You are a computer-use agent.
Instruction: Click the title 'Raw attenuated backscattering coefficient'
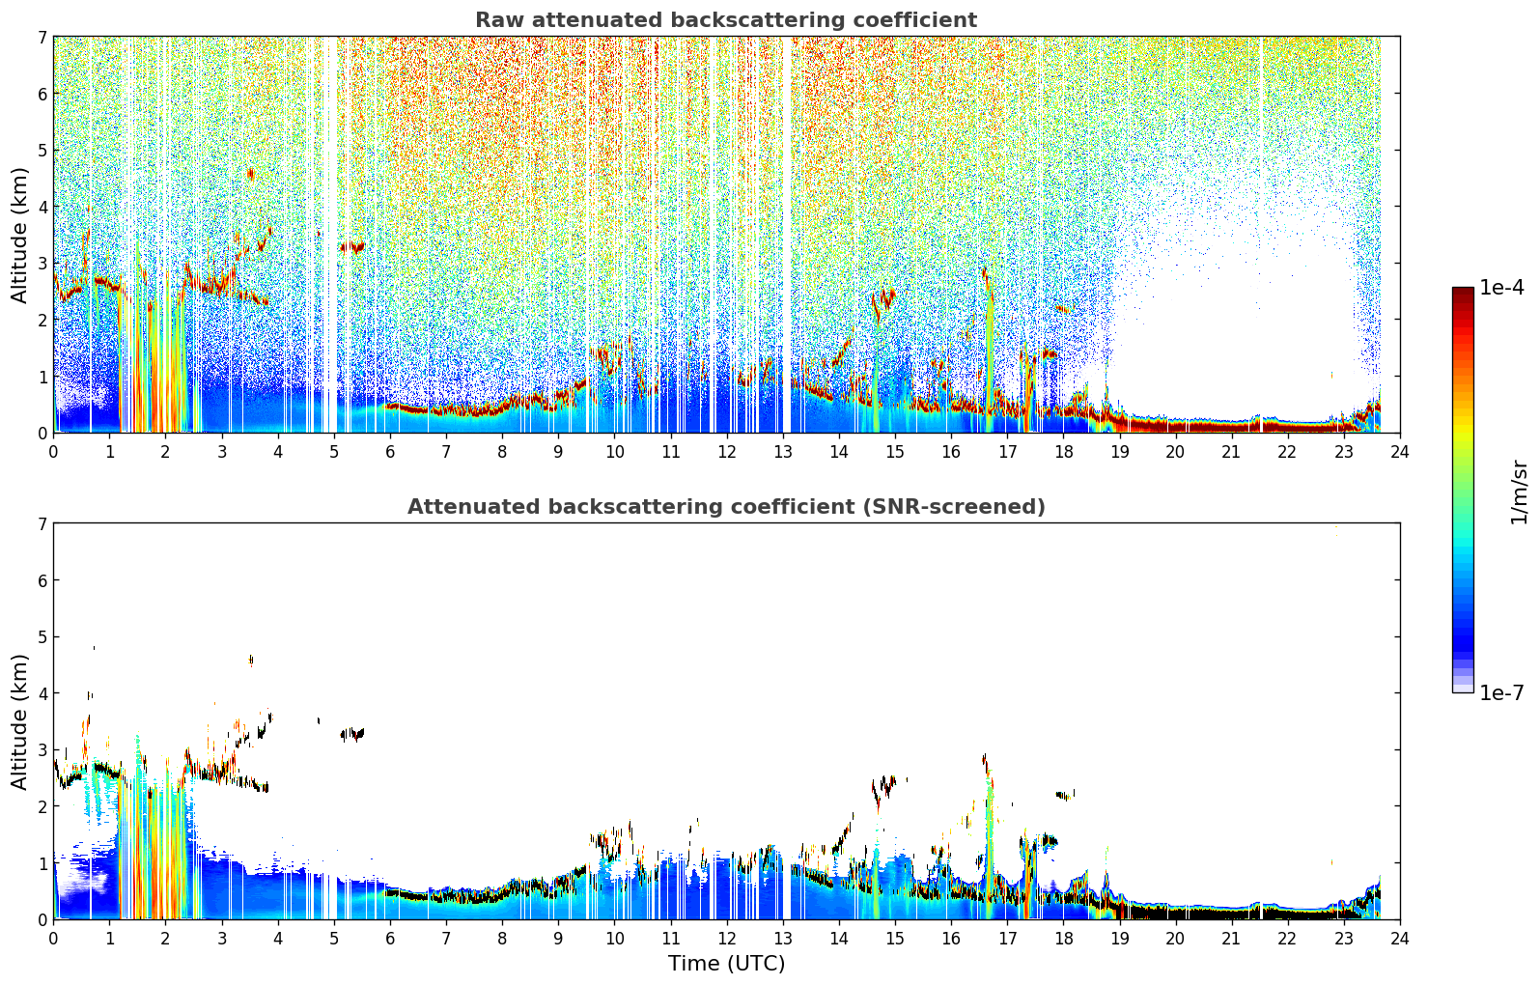coord(726,20)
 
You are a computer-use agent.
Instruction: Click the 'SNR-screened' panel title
coord(726,507)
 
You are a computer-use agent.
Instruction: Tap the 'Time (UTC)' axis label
coord(726,964)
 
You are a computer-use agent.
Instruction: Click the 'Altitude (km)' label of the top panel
coord(19,236)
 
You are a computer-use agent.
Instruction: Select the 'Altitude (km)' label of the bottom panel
coord(19,722)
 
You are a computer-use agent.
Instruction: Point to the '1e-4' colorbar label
coord(1501,288)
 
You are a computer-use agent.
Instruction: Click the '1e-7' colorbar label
coord(1501,692)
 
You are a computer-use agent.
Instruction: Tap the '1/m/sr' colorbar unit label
coord(1518,492)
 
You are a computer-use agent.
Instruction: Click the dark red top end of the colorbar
coord(1463,291)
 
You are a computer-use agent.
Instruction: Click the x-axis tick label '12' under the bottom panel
coord(727,939)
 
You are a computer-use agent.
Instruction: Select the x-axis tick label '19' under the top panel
coord(1119,452)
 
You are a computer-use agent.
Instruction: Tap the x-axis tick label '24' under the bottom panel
coord(1400,939)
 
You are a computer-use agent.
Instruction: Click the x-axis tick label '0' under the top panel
coord(54,452)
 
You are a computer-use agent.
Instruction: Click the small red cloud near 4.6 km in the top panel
coord(250,174)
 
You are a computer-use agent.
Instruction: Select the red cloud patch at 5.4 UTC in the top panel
coord(353,246)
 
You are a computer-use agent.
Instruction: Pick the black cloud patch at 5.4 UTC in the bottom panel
coord(352,734)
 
